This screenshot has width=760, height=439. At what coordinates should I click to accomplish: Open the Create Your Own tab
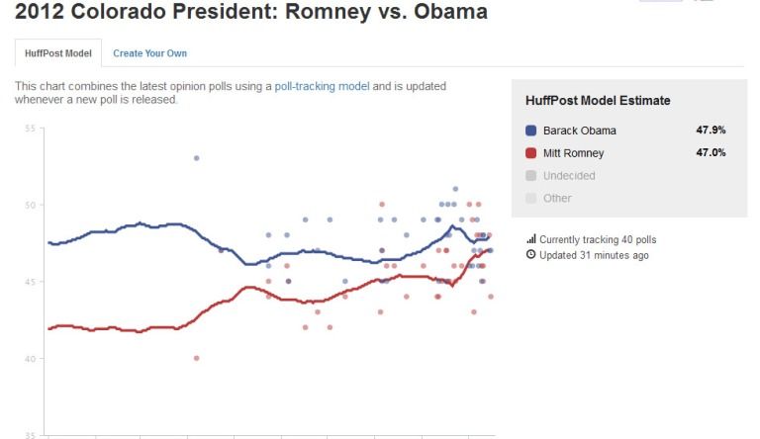point(149,53)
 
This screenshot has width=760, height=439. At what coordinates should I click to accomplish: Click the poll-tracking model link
point(322,86)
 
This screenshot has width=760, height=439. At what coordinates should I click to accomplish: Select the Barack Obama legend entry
point(579,131)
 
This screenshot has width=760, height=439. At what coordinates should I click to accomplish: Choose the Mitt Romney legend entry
point(573,153)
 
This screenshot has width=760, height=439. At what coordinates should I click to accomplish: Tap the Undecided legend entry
point(568,176)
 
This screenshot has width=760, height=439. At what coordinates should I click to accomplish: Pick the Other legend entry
point(557,198)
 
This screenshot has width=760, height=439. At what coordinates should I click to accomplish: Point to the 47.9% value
point(711,131)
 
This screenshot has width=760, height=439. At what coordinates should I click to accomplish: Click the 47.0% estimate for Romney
point(711,153)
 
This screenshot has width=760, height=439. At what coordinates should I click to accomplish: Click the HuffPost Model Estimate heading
point(598,101)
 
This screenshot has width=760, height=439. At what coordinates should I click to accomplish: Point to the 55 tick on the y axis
point(29,129)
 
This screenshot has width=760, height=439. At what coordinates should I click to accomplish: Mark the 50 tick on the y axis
point(29,205)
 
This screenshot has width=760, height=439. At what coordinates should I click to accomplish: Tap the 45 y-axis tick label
point(29,282)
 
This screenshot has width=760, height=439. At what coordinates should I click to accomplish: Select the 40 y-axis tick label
point(29,358)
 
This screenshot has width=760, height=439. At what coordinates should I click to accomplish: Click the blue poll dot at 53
point(196,158)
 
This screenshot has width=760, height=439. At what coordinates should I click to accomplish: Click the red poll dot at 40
point(196,358)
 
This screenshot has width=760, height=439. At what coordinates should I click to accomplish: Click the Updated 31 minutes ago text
point(594,255)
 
